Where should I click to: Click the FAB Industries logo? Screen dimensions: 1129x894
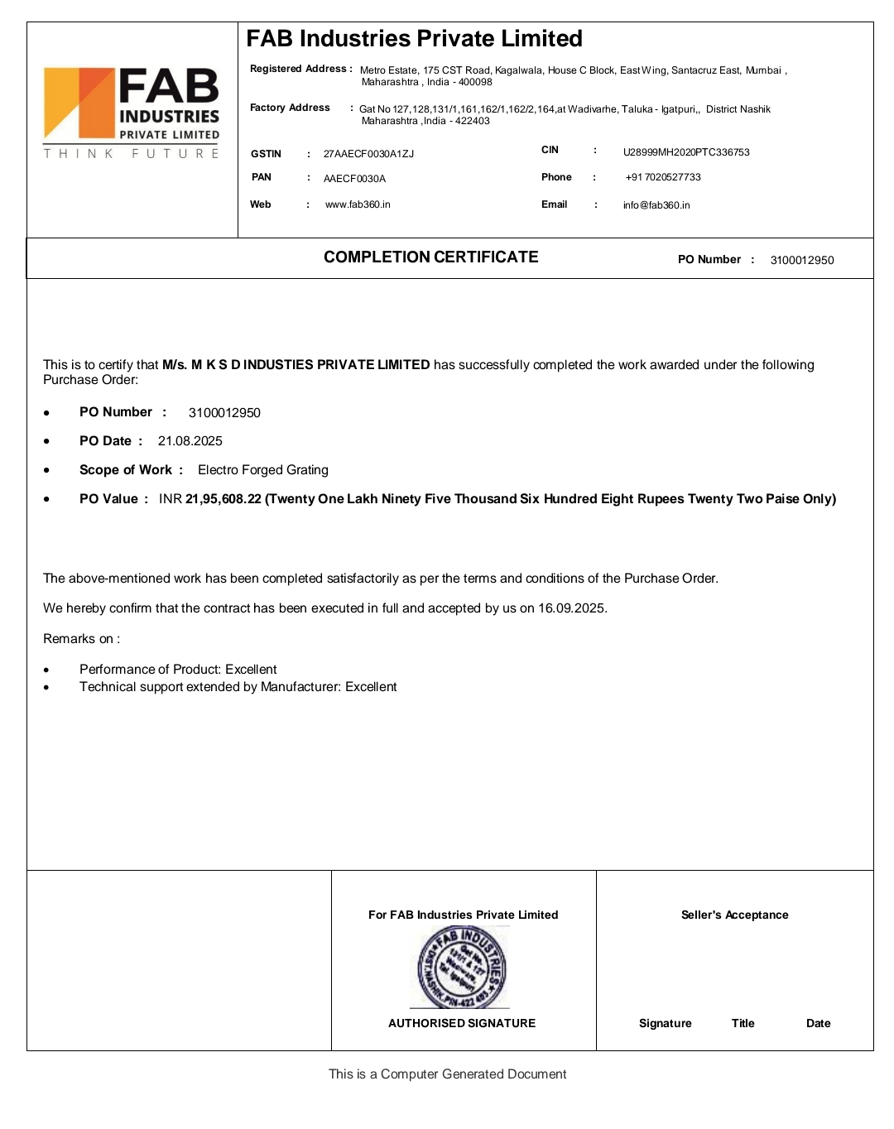132,113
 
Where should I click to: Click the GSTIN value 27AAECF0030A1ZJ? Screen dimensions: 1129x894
368,154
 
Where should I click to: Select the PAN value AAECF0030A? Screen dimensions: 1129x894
354,179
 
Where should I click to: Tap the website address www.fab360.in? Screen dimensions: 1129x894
358,204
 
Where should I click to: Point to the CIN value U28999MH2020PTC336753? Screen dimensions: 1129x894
686,152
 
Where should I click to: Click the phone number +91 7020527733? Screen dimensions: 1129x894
663,177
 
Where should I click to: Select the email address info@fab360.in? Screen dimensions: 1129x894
656,205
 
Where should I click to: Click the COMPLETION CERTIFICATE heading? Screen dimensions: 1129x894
430,257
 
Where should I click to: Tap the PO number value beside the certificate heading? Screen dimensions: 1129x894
801,260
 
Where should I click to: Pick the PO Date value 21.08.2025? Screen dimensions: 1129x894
190,441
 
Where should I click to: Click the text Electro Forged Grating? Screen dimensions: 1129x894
263,470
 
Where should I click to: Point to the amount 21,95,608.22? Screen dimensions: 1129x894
223,499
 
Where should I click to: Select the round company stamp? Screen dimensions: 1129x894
462,967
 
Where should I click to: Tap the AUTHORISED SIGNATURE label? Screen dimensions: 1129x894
462,1024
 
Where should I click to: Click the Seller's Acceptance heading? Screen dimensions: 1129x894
734,915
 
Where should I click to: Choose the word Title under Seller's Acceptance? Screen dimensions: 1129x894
743,1024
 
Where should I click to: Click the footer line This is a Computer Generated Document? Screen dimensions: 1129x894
447,1074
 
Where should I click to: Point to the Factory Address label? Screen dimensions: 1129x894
290,108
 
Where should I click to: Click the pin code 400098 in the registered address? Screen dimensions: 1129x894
475,83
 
